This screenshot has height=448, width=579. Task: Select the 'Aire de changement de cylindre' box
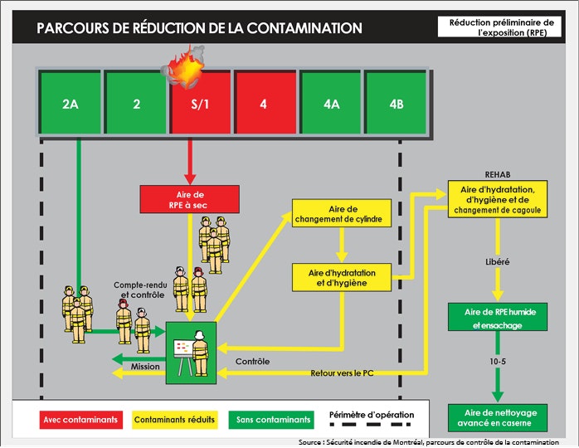(x=339, y=214)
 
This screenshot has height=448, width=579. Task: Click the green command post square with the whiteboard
(x=191, y=353)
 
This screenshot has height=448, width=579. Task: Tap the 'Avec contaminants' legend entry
(x=82, y=419)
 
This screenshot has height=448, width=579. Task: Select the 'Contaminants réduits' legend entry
(x=174, y=419)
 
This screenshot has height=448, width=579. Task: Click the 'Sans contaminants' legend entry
(x=273, y=419)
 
